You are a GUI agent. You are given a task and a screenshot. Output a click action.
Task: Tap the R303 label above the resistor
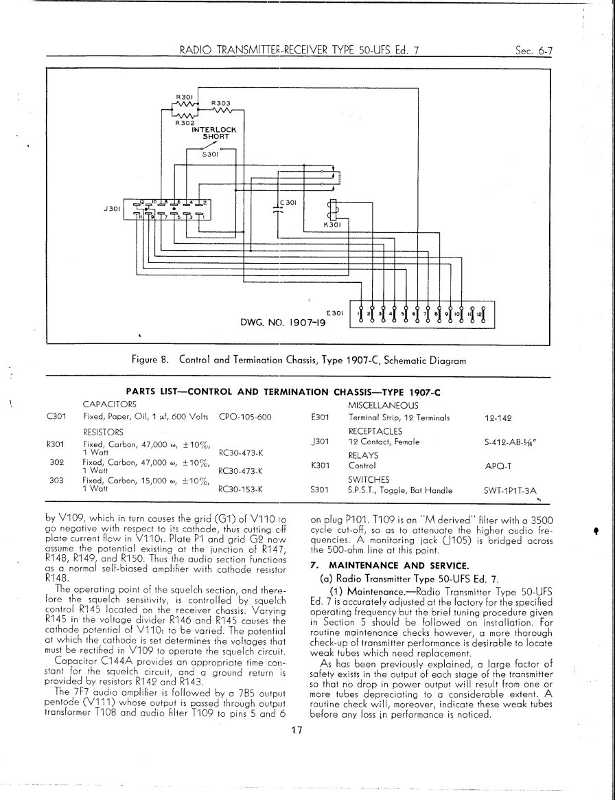(219, 102)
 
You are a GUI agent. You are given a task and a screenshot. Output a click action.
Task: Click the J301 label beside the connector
(111, 207)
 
